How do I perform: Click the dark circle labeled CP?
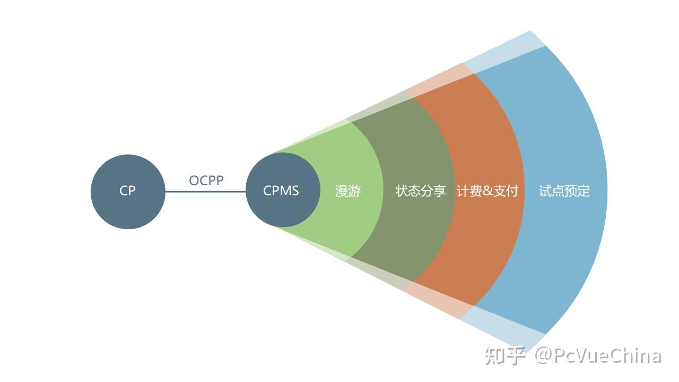tap(128, 191)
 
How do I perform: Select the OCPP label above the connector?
tap(206, 180)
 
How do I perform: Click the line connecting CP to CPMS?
tap(206, 192)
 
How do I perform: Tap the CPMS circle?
tap(282, 190)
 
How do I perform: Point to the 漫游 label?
tap(348, 191)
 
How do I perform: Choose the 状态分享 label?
tap(421, 191)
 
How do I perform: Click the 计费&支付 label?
tap(487, 191)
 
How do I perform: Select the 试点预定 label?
tap(564, 191)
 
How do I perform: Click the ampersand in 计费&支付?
tap(488, 191)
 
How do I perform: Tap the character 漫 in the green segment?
tap(342, 191)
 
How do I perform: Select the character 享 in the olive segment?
tap(440, 191)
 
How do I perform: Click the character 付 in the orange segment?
tap(512, 191)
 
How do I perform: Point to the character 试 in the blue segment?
tap(545, 191)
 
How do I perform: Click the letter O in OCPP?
tap(194, 180)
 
